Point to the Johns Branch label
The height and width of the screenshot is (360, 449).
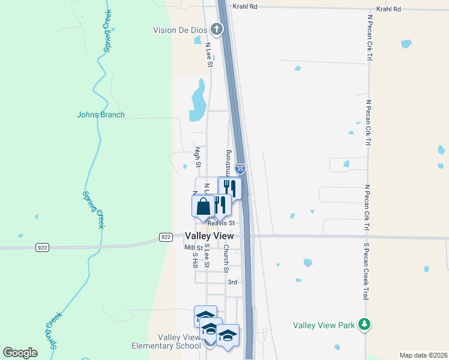101,115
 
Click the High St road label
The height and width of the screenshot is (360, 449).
197,157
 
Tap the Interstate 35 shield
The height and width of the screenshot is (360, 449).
240,170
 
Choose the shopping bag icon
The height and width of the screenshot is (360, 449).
203,206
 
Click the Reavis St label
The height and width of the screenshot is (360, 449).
219,223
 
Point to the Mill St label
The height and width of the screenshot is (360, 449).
194,247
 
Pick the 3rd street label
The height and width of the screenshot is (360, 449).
232,282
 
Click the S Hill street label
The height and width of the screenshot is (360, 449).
194,259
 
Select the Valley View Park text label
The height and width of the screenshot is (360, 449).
324,325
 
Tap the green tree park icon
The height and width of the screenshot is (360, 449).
363,325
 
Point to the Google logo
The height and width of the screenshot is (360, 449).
20,353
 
